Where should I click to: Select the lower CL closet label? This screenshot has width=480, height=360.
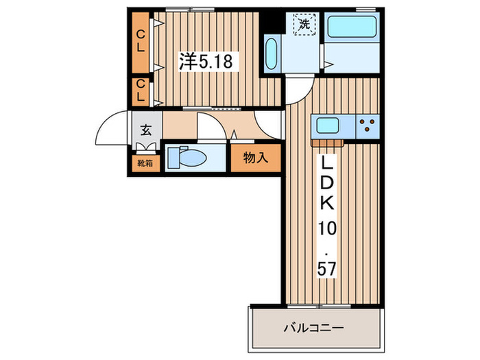tap(140, 91)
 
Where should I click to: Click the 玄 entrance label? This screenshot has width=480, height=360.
tap(146, 129)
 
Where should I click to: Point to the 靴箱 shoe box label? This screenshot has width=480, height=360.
tap(145, 163)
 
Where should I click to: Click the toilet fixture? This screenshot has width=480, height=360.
tap(188, 158)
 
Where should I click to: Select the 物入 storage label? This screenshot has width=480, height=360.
tap(255, 158)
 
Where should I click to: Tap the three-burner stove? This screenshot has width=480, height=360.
tap(367, 125)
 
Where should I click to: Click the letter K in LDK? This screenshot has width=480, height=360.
tap(324, 204)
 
